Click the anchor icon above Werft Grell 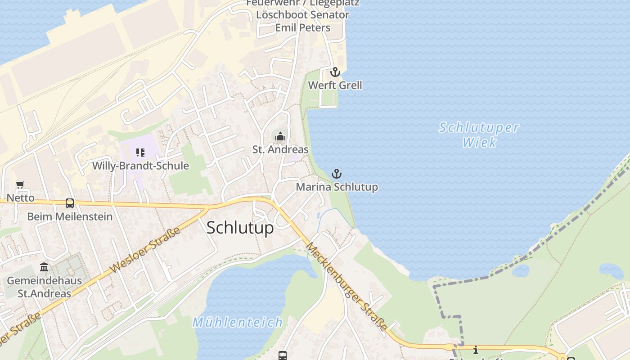pyautogui.click(x=335, y=72)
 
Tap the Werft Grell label pyautogui.click(x=335, y=85)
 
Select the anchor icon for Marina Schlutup pyautogui.click(x=337, y=174)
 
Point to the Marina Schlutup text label pyautogui.click(x=337, y=187)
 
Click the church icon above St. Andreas pyautogui.click(x=280, y=136)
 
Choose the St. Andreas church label pyautogui.click(x=280, y=150)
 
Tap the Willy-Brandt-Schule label pyautogui.click(x=140, y=166)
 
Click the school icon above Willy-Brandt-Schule pyautogui.click(x=140, y=153)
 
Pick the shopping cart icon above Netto pyautogui.click(x=20, y=185)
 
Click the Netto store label pyautogui.click(x=20, y=198)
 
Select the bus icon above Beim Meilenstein pyautogui.click(x=70, y=203)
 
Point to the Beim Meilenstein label pyautogui.click(x=70, y=217)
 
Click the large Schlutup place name pyautogui.click(x=240, y=228)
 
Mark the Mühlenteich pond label pyautogui.click(x=238, y=323)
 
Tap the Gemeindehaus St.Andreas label pyautogui.click(x=44, y=287)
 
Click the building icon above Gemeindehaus pyautogui.click(x=44, y=267)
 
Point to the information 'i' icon pyautogui.click(x=475, y=350)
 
